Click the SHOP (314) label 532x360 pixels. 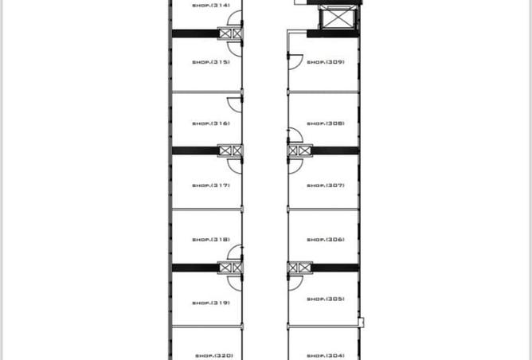pyautogui.click(x=211, y=5)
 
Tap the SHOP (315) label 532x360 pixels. pyautogui.click(x=211, y=62)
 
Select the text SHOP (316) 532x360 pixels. pyautogui.click(x=211, y=123)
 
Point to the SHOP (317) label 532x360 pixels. pyautogui.click(x=211, y=186)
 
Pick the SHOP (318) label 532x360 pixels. pyautogui.click(x=211, y=240)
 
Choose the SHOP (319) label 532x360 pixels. pyautogui.click(x=211, y=303)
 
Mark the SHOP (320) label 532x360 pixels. pyautogui.click(x=213, y=355)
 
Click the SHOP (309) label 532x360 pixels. pyautogui.click(x=325, y=62)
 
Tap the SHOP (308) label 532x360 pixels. pyautogui.click(x=325, y=123)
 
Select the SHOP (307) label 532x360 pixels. pyautogui.click(x=325, y=186)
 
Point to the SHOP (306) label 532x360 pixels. pyautogui.click(x=325, y=240)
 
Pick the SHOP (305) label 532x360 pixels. pyautogui.click(x=325, y=299)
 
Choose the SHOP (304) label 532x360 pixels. pyautogui.click(x=325, y=355)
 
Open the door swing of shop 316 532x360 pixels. pyautogui.click(x=235, y=104)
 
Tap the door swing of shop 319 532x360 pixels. pyautogui.click(x=235, y=281)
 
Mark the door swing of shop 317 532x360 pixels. pyautogui.click(x=235, y=164)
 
